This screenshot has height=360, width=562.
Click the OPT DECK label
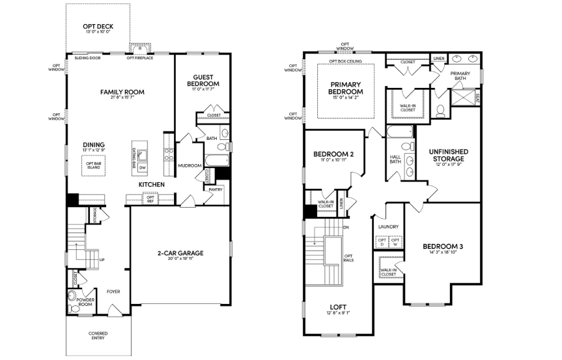(x=98, y=26)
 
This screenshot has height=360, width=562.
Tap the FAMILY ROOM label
(x=121, y=92)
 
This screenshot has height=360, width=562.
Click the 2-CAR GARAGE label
(x=180, y=253)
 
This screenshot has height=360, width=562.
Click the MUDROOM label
(x=190, y=165)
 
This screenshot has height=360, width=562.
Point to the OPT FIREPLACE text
(x=139, y=58)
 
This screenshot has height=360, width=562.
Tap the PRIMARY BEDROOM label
(x=346, y=88)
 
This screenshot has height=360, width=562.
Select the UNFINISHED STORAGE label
(x=446, y=154)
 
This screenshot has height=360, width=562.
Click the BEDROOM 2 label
(x=333, y=154)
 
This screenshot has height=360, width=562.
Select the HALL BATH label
(x=395, y=159)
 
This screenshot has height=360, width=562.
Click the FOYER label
(x=114, y=291)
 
